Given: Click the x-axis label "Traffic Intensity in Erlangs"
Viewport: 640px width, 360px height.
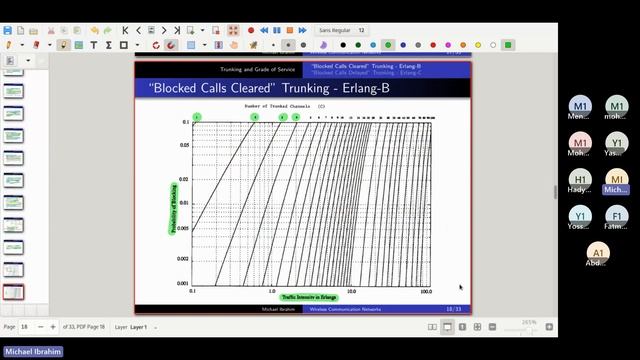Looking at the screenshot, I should (x=309, y=297).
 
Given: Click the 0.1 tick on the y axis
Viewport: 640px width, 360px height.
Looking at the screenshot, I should (x=185, y=122).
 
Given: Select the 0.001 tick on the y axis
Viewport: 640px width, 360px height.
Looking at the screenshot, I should (x=183, y=284).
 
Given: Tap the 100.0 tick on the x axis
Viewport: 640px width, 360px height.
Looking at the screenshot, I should (x=426, y=291).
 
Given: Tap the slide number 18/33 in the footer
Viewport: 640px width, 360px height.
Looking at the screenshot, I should (x=453, y=309).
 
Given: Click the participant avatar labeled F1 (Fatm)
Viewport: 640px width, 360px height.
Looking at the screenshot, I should (x=617, y=217).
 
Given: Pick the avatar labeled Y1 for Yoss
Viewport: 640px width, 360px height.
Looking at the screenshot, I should (x=581, y=217).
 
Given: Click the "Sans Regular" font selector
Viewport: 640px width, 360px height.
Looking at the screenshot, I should (x=336, y=31).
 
